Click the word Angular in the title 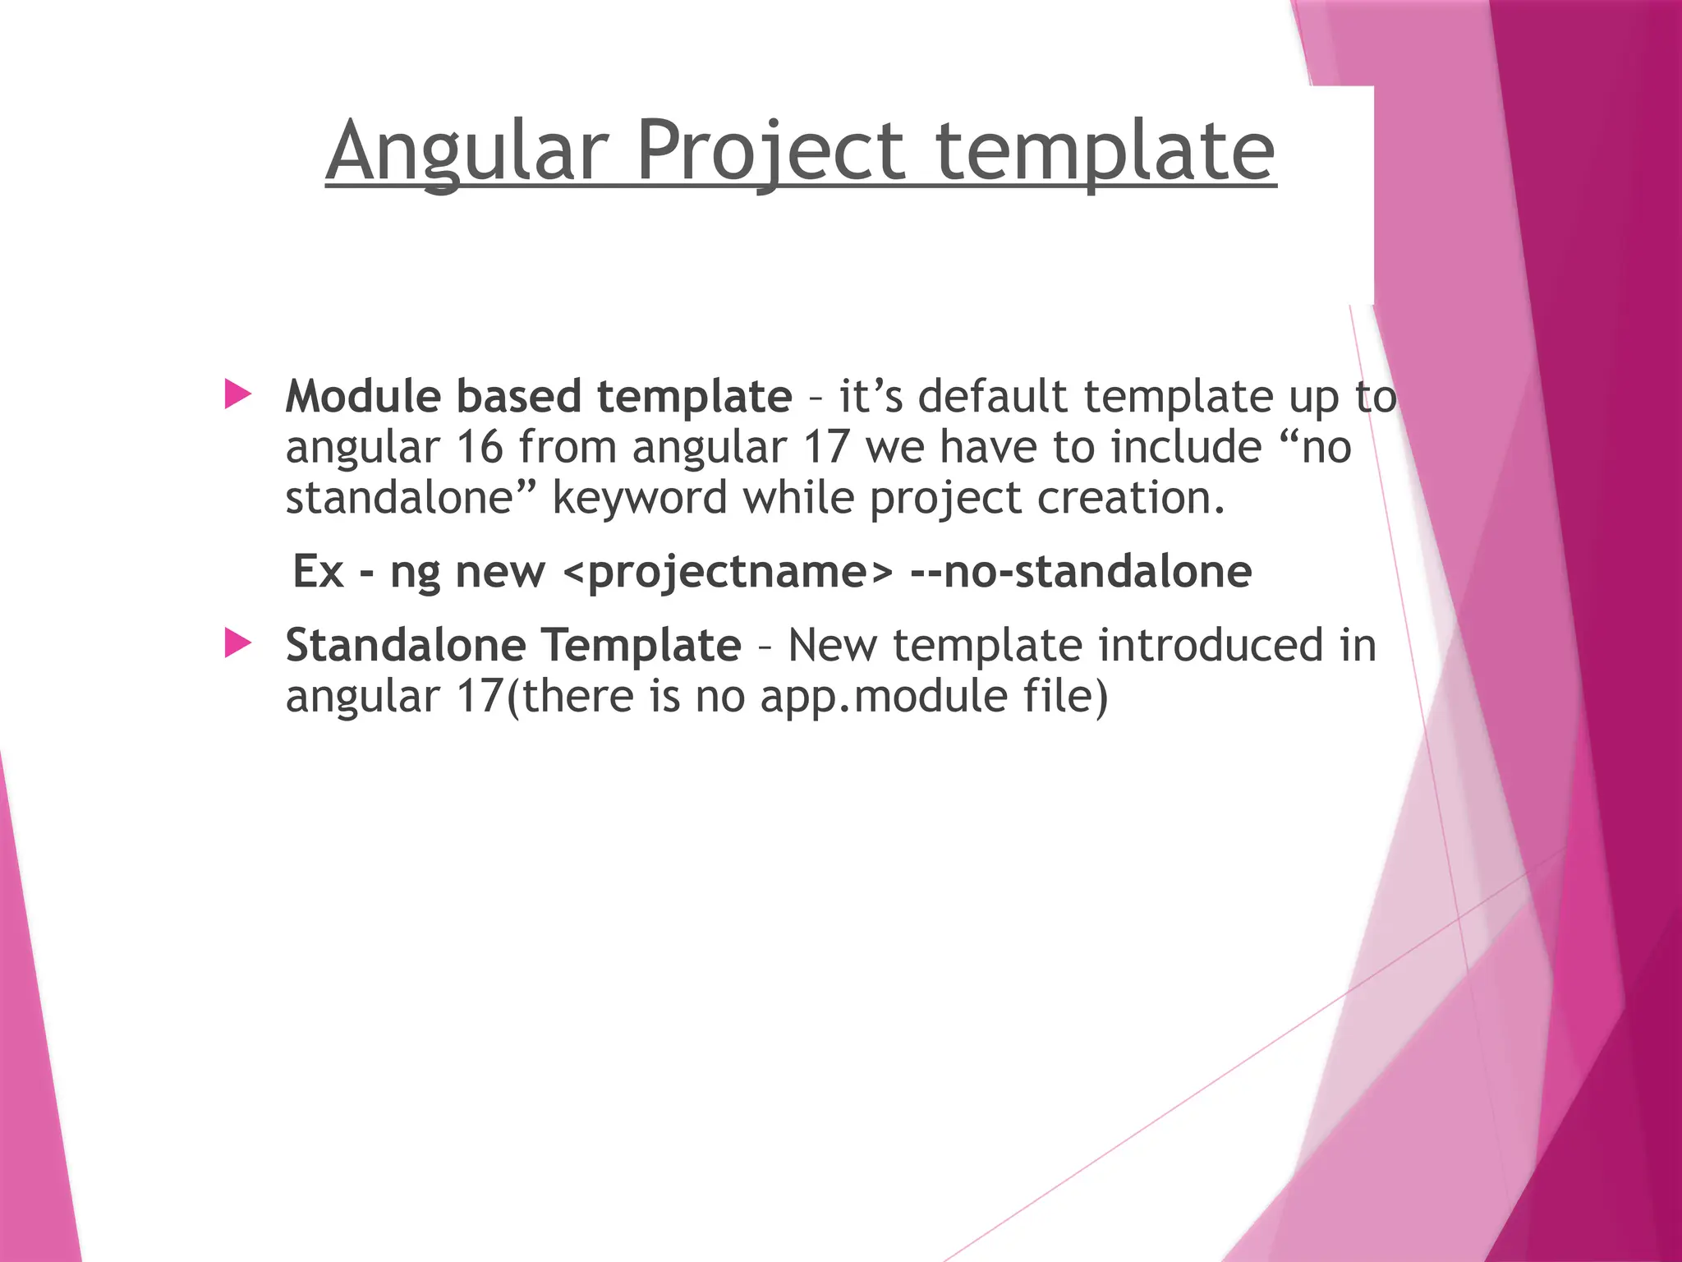[467, 152]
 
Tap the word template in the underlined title [1105, 152]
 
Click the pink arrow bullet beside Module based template [237, 394]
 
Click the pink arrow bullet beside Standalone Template [237, 643]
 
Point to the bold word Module [363, 396]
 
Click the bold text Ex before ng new [317, 571]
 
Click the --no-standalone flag [1081, 571]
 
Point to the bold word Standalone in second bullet [405, 645]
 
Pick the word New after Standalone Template [832, 645]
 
